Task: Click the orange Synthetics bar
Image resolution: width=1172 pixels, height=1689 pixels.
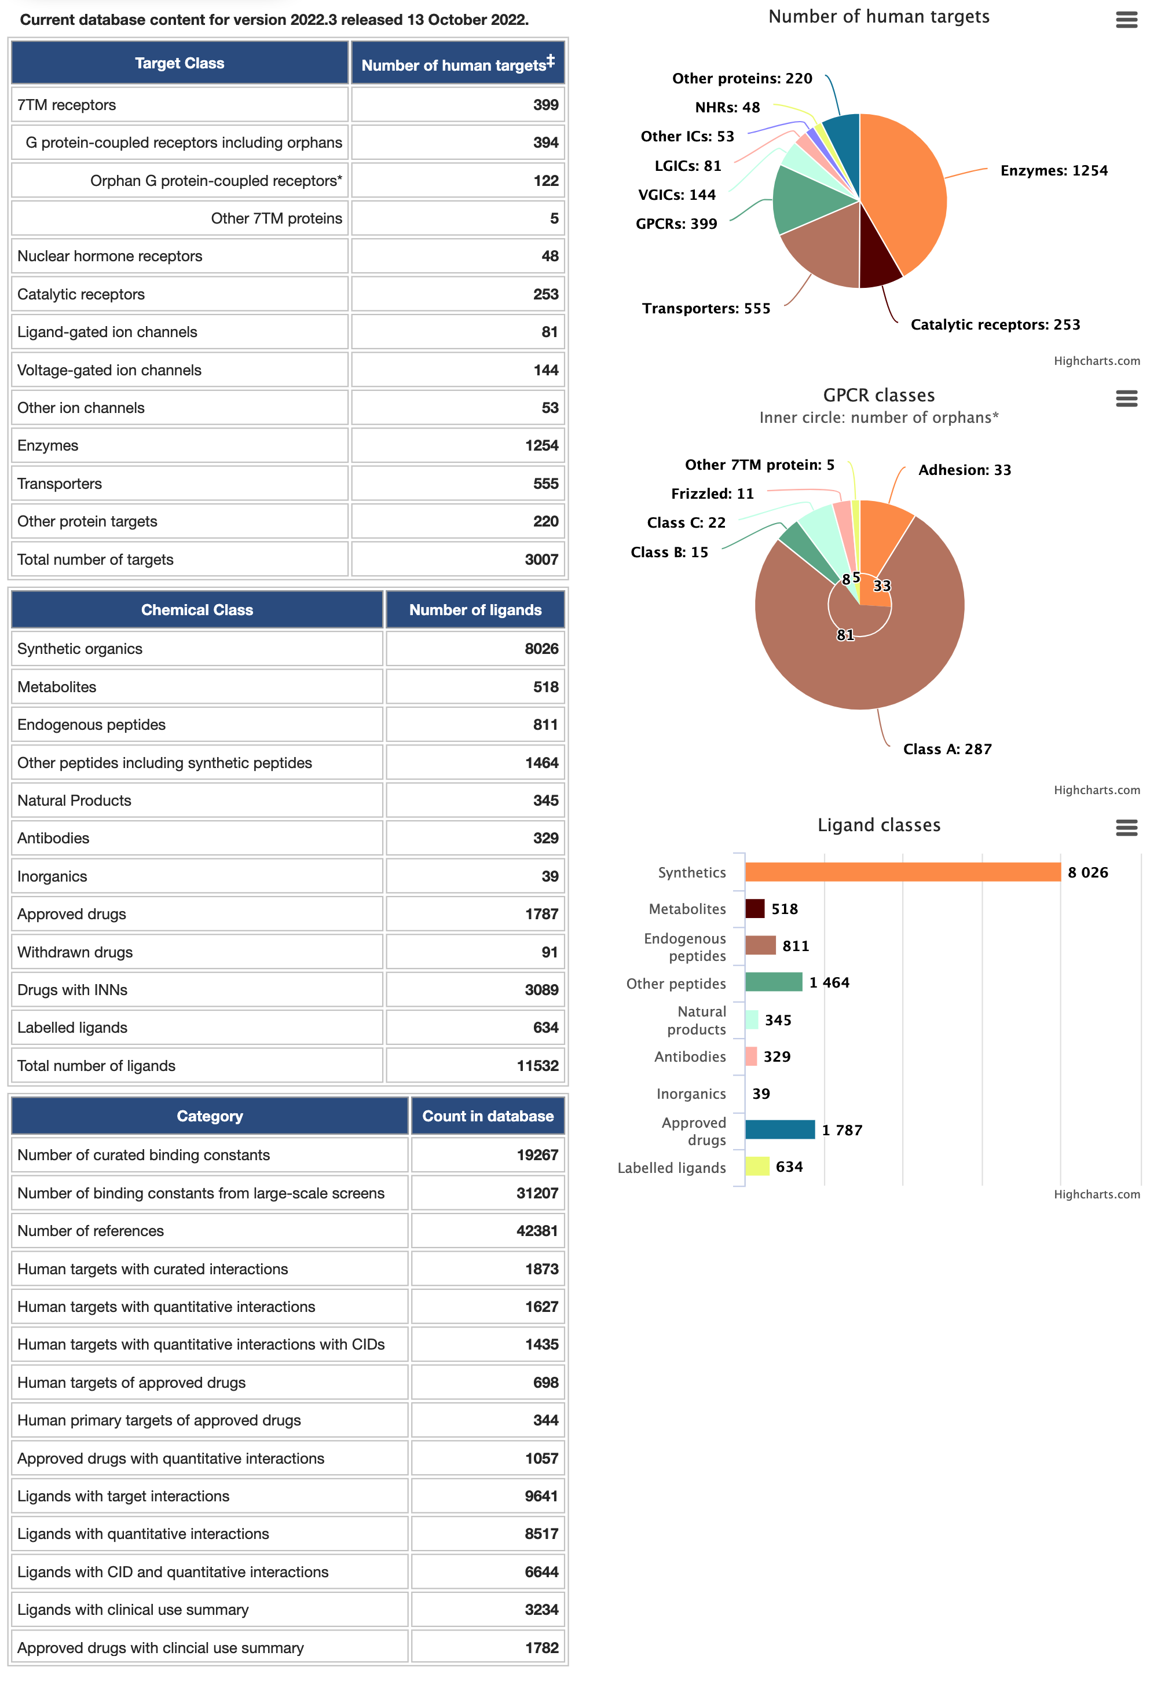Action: click(903, 872)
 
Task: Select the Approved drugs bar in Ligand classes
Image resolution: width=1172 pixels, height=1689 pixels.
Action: click(780, 1129)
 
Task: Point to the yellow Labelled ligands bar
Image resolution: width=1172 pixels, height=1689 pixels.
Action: click(757, 1166)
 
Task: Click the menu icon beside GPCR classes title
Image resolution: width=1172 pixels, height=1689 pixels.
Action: click(1126, 399)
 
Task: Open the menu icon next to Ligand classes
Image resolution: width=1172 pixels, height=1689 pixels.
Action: click(1126, 828)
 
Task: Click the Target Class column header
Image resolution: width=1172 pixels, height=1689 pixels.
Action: click(179, 63)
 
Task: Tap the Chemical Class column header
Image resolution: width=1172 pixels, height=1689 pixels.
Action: click(197, 609)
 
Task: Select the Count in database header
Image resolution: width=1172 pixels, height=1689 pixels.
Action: click(488, 1116)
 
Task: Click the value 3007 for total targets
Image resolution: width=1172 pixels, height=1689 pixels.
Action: click(541, 559)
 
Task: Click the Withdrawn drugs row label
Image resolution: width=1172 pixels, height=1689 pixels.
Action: click(75, 952)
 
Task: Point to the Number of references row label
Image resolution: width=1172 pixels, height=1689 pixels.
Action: click(90, 1230)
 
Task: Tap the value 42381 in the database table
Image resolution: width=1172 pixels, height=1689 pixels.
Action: click(537, 1230)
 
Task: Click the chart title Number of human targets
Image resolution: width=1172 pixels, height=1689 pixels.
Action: click(878, 17)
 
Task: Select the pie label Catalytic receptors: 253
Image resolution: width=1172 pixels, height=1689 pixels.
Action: click(995, 324)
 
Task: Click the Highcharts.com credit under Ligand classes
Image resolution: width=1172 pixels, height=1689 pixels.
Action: click(1096, 1194)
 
